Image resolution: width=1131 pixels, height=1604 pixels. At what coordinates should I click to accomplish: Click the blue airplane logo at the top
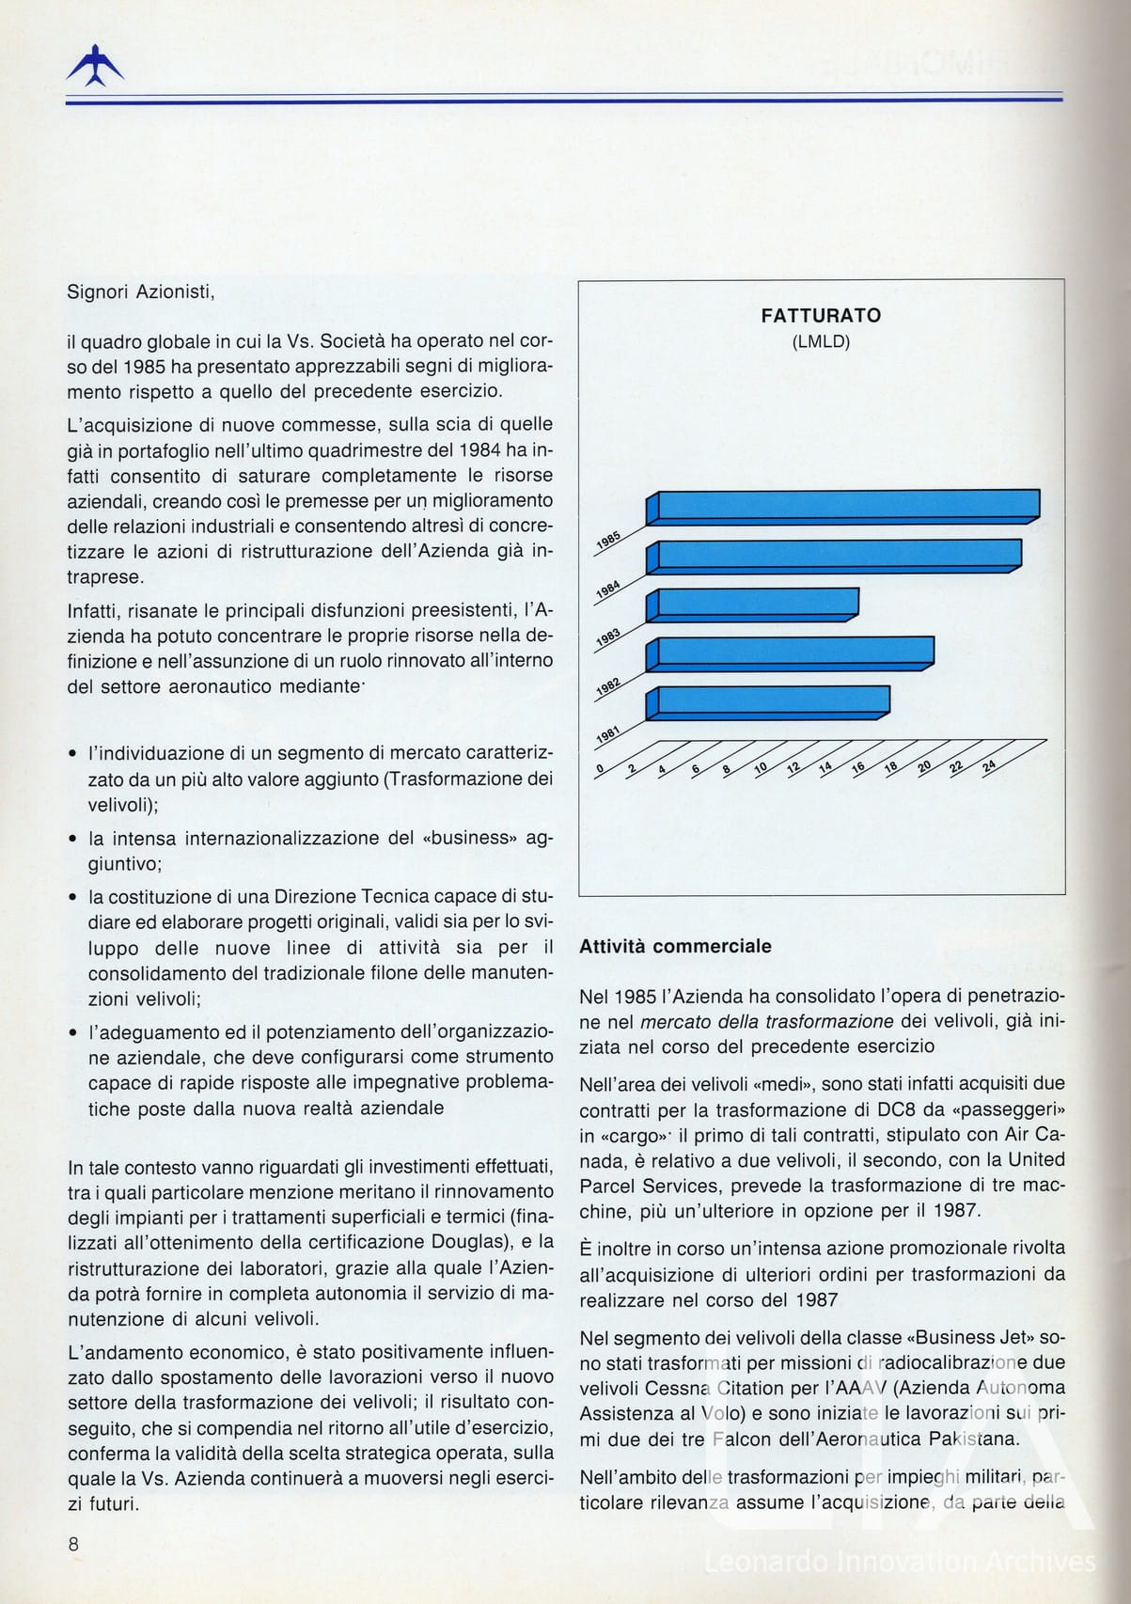coord(95,67)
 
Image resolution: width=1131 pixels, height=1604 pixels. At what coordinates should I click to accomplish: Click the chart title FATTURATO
coord(821,316)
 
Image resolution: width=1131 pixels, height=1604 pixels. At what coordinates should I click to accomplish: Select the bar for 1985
coord(846,506)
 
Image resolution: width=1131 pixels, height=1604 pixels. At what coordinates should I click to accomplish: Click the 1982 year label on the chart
coord(608,688)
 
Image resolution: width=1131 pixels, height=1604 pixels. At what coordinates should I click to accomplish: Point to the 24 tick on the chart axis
coord(988,766)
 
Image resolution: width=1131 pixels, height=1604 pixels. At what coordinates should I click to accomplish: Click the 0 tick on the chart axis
coord(600,769)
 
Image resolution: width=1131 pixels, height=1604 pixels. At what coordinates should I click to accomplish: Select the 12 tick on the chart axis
coord(793,767)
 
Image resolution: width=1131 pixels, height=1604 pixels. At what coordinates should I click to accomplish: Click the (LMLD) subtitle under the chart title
coord(821,342)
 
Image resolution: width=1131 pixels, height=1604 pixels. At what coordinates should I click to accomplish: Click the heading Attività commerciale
coord(675,947)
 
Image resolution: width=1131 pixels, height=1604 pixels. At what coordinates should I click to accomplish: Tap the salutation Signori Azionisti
coord(141,291)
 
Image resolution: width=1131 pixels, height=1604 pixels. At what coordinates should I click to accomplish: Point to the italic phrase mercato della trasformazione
coord(767,1021)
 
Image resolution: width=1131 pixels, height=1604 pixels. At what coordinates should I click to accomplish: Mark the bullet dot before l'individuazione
coord(73,755)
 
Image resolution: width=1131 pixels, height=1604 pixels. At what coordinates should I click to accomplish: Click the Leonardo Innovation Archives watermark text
coord(900,1562)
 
